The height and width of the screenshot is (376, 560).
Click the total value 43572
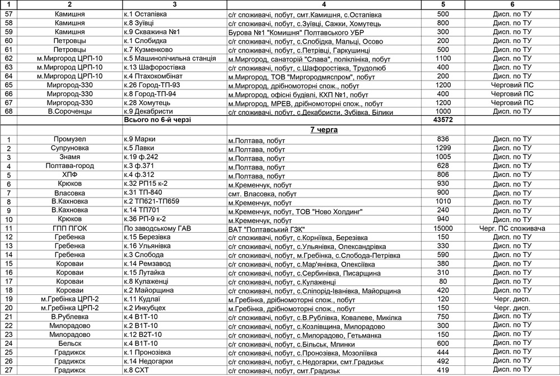pos(443,120)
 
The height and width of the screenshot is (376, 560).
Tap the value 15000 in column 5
pos(443,228)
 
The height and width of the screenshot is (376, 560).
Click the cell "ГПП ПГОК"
pos(70,228)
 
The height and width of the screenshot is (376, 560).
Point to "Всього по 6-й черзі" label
pos(157,120)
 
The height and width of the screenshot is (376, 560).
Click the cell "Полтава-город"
pos(70,166)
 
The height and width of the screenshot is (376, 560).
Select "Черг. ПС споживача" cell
pos(512,228)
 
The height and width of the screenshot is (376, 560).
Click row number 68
pos(8,112)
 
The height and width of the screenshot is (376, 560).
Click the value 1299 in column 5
pos(443,148)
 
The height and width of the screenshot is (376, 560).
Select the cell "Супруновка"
pos(70,148)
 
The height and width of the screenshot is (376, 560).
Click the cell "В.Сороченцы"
pos(70,112)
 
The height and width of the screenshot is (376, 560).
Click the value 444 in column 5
pos(443,352)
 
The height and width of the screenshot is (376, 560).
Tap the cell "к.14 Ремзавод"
pos(147,264)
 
